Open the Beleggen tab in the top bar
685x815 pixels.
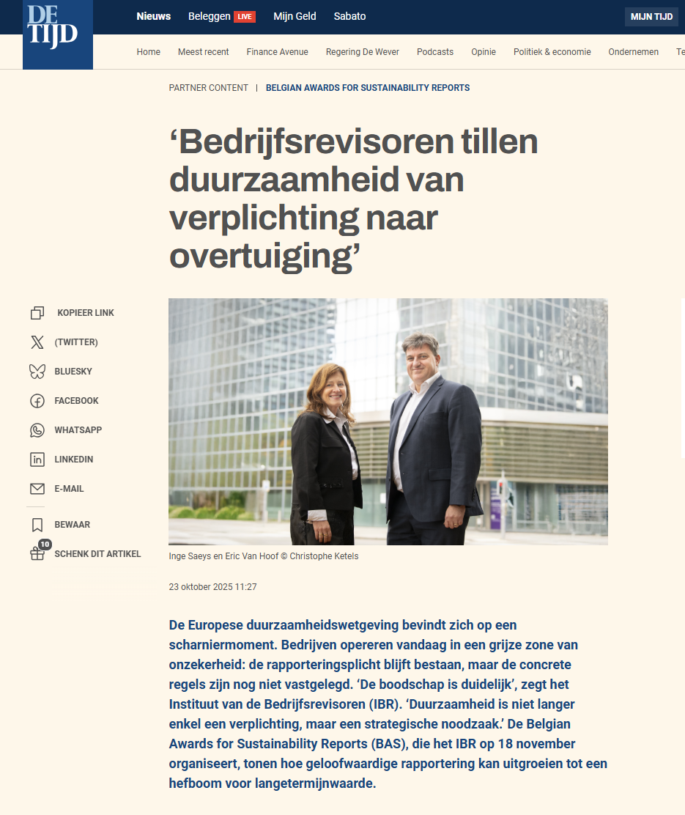(x=209, y=16)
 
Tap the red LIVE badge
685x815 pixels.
(x=245, y=17)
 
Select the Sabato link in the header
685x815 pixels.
(x=349, y=16)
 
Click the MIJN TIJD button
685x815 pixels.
(x=651, y=17)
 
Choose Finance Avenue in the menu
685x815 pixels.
(x=277, y=52)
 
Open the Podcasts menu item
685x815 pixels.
(x=435, y=52)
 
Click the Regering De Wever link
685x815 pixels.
(x=363, y=52)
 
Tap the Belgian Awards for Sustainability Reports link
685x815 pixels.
(x=368, y=88)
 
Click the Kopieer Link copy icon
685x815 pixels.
(x=37, y=313)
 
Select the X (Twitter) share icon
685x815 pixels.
(x=37, y=342)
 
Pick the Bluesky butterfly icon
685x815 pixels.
(x=37, y=372)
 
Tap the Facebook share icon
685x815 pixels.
(x=37, y=401)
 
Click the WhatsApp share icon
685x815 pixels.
(x=37, y=430)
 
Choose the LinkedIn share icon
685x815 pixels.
(x=37, y=460)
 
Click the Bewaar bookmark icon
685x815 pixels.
(x=37, y=525)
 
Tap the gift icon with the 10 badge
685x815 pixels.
(x=37, y=553)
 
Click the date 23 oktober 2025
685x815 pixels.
(x=212, y=587)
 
